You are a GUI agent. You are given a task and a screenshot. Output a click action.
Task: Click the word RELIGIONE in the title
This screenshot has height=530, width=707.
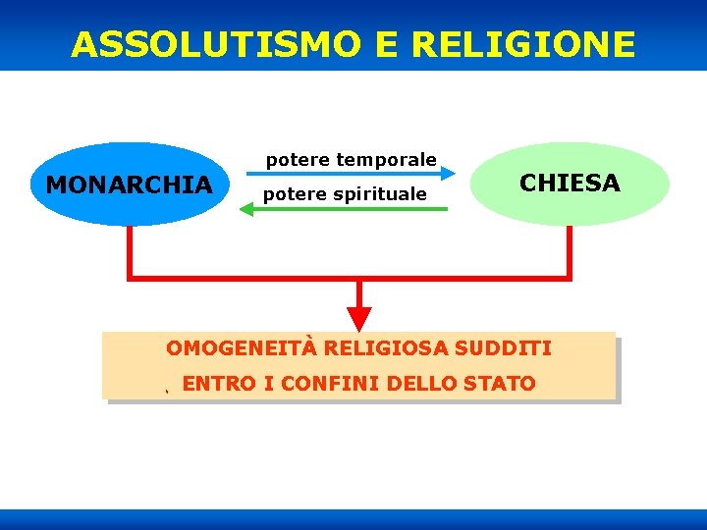click(x=523, y=44)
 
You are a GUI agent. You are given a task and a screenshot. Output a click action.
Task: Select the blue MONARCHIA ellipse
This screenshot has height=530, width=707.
click(x=129, y=185)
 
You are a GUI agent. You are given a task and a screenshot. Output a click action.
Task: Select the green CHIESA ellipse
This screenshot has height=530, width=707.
click(x=570, y=184)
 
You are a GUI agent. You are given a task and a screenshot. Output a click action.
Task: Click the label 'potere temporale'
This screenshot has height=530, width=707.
click(x=352, y=159)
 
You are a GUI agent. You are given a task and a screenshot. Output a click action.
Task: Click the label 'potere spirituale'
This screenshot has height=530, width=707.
click(x=345, y=194)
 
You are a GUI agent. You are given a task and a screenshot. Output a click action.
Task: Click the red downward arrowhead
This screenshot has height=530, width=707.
click(x=359, y=318)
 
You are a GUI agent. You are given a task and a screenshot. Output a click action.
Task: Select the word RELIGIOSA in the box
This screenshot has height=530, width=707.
click(x=386, y=348)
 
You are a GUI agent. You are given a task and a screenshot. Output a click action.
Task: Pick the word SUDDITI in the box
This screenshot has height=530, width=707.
click(x=504, y=348)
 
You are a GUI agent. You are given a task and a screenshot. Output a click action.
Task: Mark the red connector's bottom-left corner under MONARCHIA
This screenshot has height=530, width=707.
click(x=129, y=278)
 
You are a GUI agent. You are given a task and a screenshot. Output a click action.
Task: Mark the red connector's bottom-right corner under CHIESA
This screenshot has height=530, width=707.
click(x=570, y=278)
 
